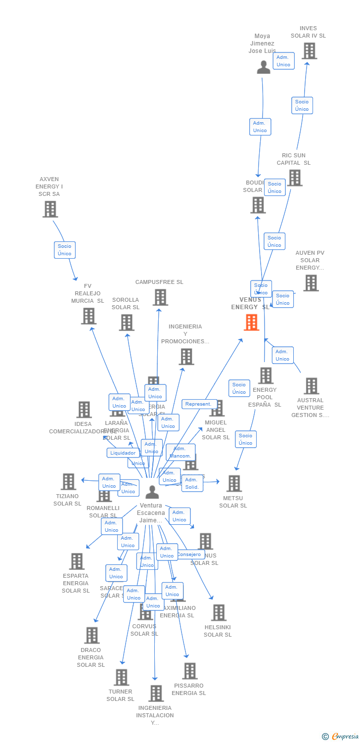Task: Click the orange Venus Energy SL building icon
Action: coord(252,323)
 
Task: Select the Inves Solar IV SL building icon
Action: coord(309,51)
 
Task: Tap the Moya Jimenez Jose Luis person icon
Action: coord(264,67)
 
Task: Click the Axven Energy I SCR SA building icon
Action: coord(50,209)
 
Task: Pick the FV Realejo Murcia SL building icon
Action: coord(89,316)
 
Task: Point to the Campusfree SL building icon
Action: coord(160,297)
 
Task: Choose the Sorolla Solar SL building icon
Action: coord(127,323)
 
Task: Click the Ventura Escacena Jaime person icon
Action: coord(152,492)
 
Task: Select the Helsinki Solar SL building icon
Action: coord(218,612)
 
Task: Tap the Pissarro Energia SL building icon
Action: coord(189,671)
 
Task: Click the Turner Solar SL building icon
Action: coord(121,677)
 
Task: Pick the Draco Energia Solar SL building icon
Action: coord(91,635)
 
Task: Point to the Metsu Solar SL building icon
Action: coord(233,483)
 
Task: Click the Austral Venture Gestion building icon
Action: coord(311,386)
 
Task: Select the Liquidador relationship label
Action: coord(123,453)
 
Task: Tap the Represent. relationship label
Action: coord(199,404)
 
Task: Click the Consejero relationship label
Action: coord(189,555)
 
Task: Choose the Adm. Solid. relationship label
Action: coord(192,483)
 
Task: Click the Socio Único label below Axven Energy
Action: coord(64,250)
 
